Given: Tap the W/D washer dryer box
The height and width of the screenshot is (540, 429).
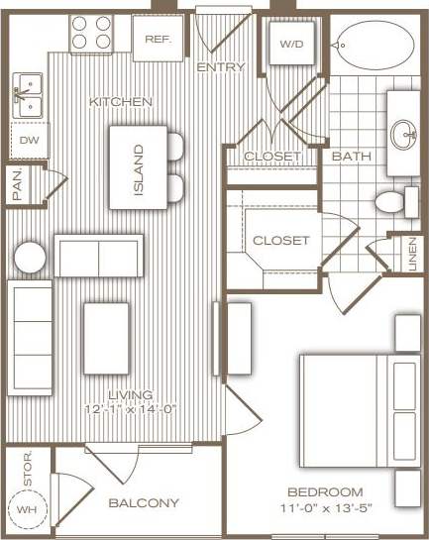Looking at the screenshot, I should point(289,45).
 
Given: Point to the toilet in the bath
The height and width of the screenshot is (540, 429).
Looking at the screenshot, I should point(394,202).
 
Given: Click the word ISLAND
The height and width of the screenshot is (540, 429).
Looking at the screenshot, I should point(139,169).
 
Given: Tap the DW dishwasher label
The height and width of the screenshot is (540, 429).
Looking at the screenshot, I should point(28,140).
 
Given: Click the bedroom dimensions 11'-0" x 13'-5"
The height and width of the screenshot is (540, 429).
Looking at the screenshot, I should point(325,510).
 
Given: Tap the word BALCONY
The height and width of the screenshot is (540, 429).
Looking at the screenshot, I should point(144,502).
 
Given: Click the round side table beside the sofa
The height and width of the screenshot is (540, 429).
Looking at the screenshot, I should point(29,258).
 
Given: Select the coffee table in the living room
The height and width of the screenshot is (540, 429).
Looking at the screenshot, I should point(107,338).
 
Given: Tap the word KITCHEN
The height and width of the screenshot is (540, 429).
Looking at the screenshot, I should point(120,102).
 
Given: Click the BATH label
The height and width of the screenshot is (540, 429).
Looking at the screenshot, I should point(351,157).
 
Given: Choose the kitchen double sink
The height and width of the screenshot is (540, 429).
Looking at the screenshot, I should point(31,96).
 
